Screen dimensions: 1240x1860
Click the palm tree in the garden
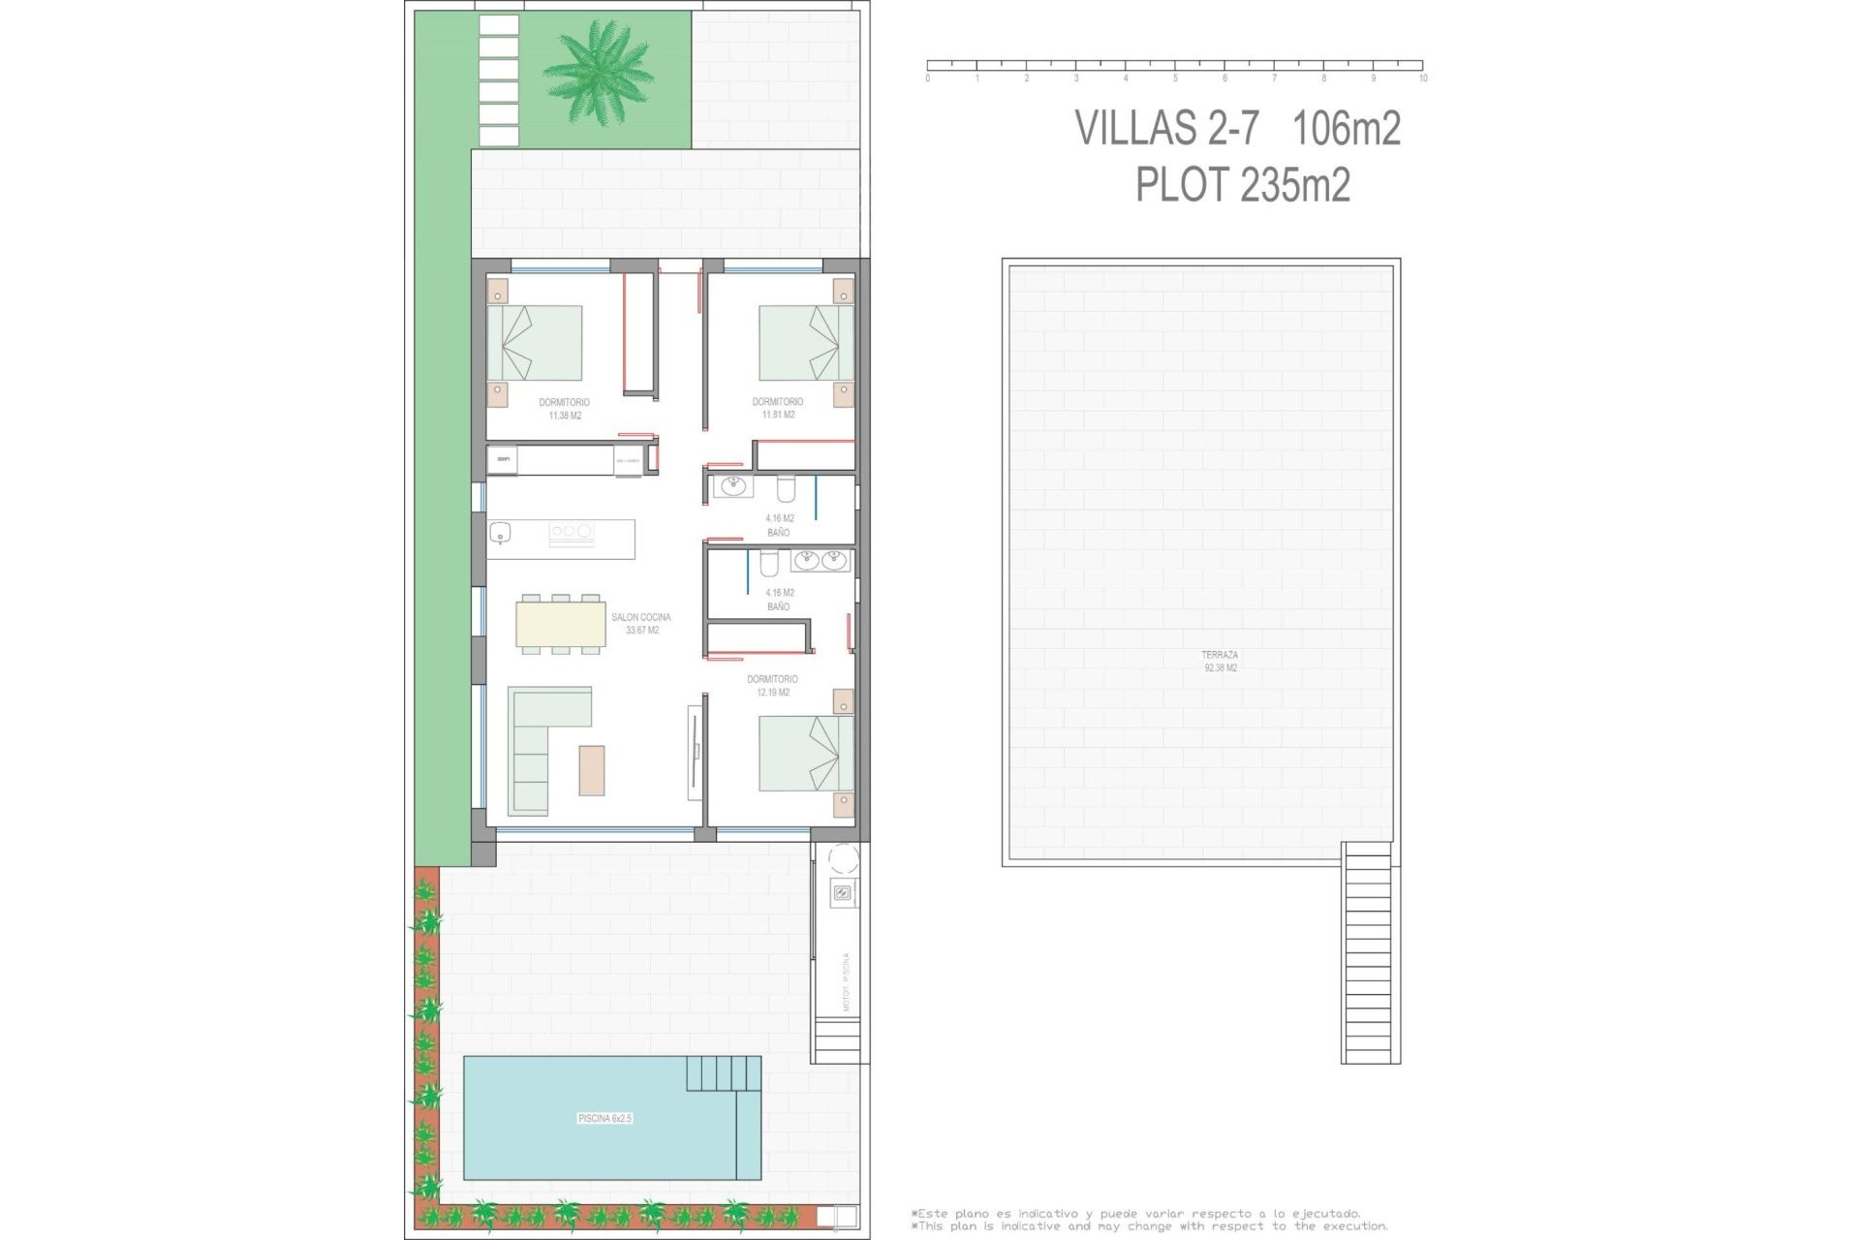pyautogui.click(x=598, y=73)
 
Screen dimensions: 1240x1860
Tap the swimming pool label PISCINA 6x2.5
pyautogui.click(x=604, y=1118)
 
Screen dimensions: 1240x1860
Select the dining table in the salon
pyautogui.click(x=561, y=624)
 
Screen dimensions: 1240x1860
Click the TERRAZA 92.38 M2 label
pyautogui.click(x=1220, y=661)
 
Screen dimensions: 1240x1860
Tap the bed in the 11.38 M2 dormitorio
pyautogui.click(x=535, y=343)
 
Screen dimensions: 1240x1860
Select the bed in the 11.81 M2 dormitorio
pyautogui.click(x=805, y=343)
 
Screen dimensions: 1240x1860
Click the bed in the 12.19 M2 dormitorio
pyautogui.click(x=805, y=753)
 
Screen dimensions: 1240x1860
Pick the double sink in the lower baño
pyautogui.click(x=820, y=560)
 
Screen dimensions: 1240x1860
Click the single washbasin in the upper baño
pyautogui.click(x=732, y=485)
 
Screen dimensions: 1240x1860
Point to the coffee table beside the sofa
pyautogui.click(x=591, y=770)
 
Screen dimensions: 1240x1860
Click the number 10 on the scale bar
pyautogui.click(x=1422, y=78)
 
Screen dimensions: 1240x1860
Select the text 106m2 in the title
pyautogui.click(x=1347, y=129)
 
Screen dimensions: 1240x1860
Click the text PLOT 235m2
pyautogui.click(x=1242, y=185)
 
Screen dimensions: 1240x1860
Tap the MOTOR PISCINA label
pyautogui.click(x=846, y=981)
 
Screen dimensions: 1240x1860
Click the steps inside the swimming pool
pyautogui.click(x=723, y=1072)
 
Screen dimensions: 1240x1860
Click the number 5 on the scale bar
pyautogui.click(x=1175, y=78)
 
